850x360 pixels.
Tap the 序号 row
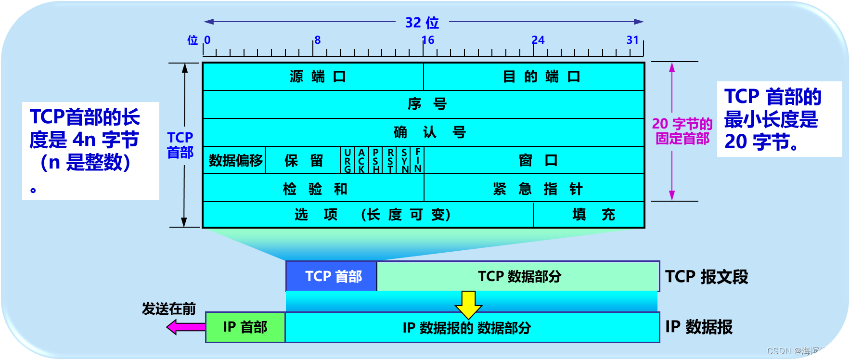(424, 104)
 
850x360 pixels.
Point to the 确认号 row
(424, 132)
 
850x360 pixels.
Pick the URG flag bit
(348, 160)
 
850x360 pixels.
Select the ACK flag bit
(361, 160)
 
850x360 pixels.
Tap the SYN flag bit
(405, 160)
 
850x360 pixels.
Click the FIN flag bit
(418, 160)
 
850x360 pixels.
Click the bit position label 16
(428, 40)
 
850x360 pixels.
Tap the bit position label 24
(538, 40)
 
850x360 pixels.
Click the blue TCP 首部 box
(332, 276)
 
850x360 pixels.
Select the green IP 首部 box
(245, 327)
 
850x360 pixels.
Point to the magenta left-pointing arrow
(185, 327)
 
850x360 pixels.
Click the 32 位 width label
(422, 23)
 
